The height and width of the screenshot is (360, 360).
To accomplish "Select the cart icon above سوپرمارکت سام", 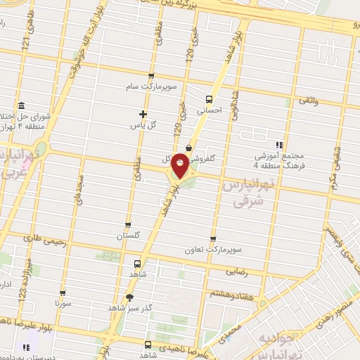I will point(151,75).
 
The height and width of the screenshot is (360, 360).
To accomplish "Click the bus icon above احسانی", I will point(208,99).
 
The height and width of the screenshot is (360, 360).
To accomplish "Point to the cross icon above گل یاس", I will point(143,114).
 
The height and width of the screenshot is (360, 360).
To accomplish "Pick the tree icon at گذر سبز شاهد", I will point(129,298).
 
